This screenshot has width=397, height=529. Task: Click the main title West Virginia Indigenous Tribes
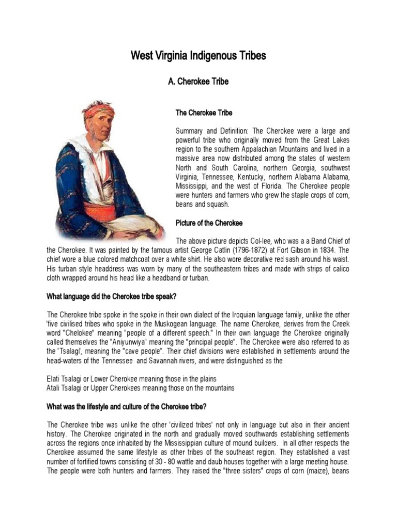pos(198,56)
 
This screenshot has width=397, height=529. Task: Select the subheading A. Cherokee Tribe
pos(198,82)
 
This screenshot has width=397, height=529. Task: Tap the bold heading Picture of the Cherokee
pos(209,223)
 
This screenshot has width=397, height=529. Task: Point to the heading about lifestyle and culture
pos(126,406)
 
